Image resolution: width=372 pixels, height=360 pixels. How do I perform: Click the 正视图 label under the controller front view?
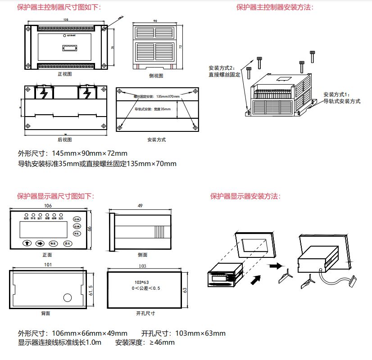pos(65,73)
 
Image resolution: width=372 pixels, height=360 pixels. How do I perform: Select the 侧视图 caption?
pos(155,76)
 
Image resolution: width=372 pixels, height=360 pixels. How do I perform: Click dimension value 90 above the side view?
pos(155,21)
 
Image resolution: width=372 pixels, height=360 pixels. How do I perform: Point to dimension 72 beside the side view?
pos(180,46)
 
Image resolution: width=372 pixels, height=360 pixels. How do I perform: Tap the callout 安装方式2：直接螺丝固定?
pos(224,71)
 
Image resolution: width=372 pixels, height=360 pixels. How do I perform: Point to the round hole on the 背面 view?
pos(67,297)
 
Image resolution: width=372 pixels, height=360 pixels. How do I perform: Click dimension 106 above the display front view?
pos(47,206)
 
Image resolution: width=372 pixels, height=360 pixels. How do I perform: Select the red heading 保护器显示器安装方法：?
pos(245,196)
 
